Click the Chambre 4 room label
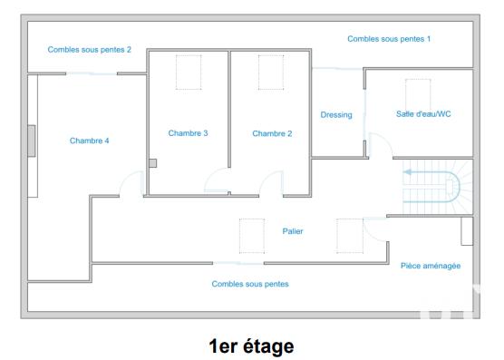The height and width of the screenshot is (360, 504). pos(89,141)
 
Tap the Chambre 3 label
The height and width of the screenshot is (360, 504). pos(188,133)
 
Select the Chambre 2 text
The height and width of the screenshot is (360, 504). pos(272,133)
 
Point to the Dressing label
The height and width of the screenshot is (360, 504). pos(336,115)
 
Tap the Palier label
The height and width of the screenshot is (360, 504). pos(293,231)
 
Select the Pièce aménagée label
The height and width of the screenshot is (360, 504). pos(431,266)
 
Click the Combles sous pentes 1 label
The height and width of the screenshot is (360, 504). pos(389,39)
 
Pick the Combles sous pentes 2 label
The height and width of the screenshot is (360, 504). pos(90,50)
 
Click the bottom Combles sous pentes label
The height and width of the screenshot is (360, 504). pos(250,284)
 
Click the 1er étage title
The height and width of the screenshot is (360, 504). pos(251,345)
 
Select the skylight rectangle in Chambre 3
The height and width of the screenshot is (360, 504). pos(189,73)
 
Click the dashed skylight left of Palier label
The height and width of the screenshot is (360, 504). pos(251,235)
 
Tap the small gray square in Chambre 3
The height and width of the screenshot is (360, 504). pos(153,163)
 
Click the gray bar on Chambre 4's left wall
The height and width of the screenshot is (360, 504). pos(32,141)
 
